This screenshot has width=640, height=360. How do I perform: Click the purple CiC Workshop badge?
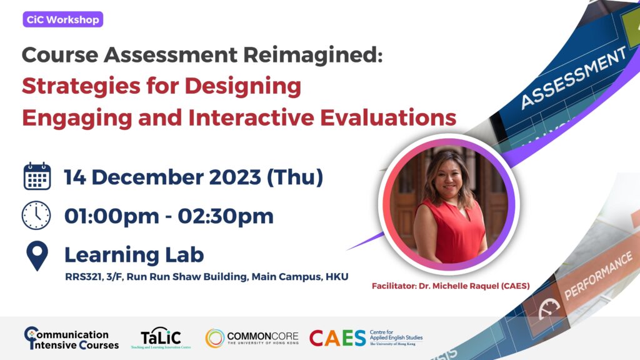tap(63, 19)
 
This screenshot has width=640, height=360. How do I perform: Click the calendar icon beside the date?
tap(37, 177)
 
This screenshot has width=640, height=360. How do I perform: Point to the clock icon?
tap(36, 216)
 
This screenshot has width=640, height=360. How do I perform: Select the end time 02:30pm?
tap(226, 216)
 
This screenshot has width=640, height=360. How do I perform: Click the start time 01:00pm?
tap(112, 216)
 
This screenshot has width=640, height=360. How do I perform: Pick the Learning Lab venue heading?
tap(134, 254)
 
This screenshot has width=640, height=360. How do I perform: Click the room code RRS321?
tap(84, 277)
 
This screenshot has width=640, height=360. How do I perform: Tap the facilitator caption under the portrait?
tap(451, 286)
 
